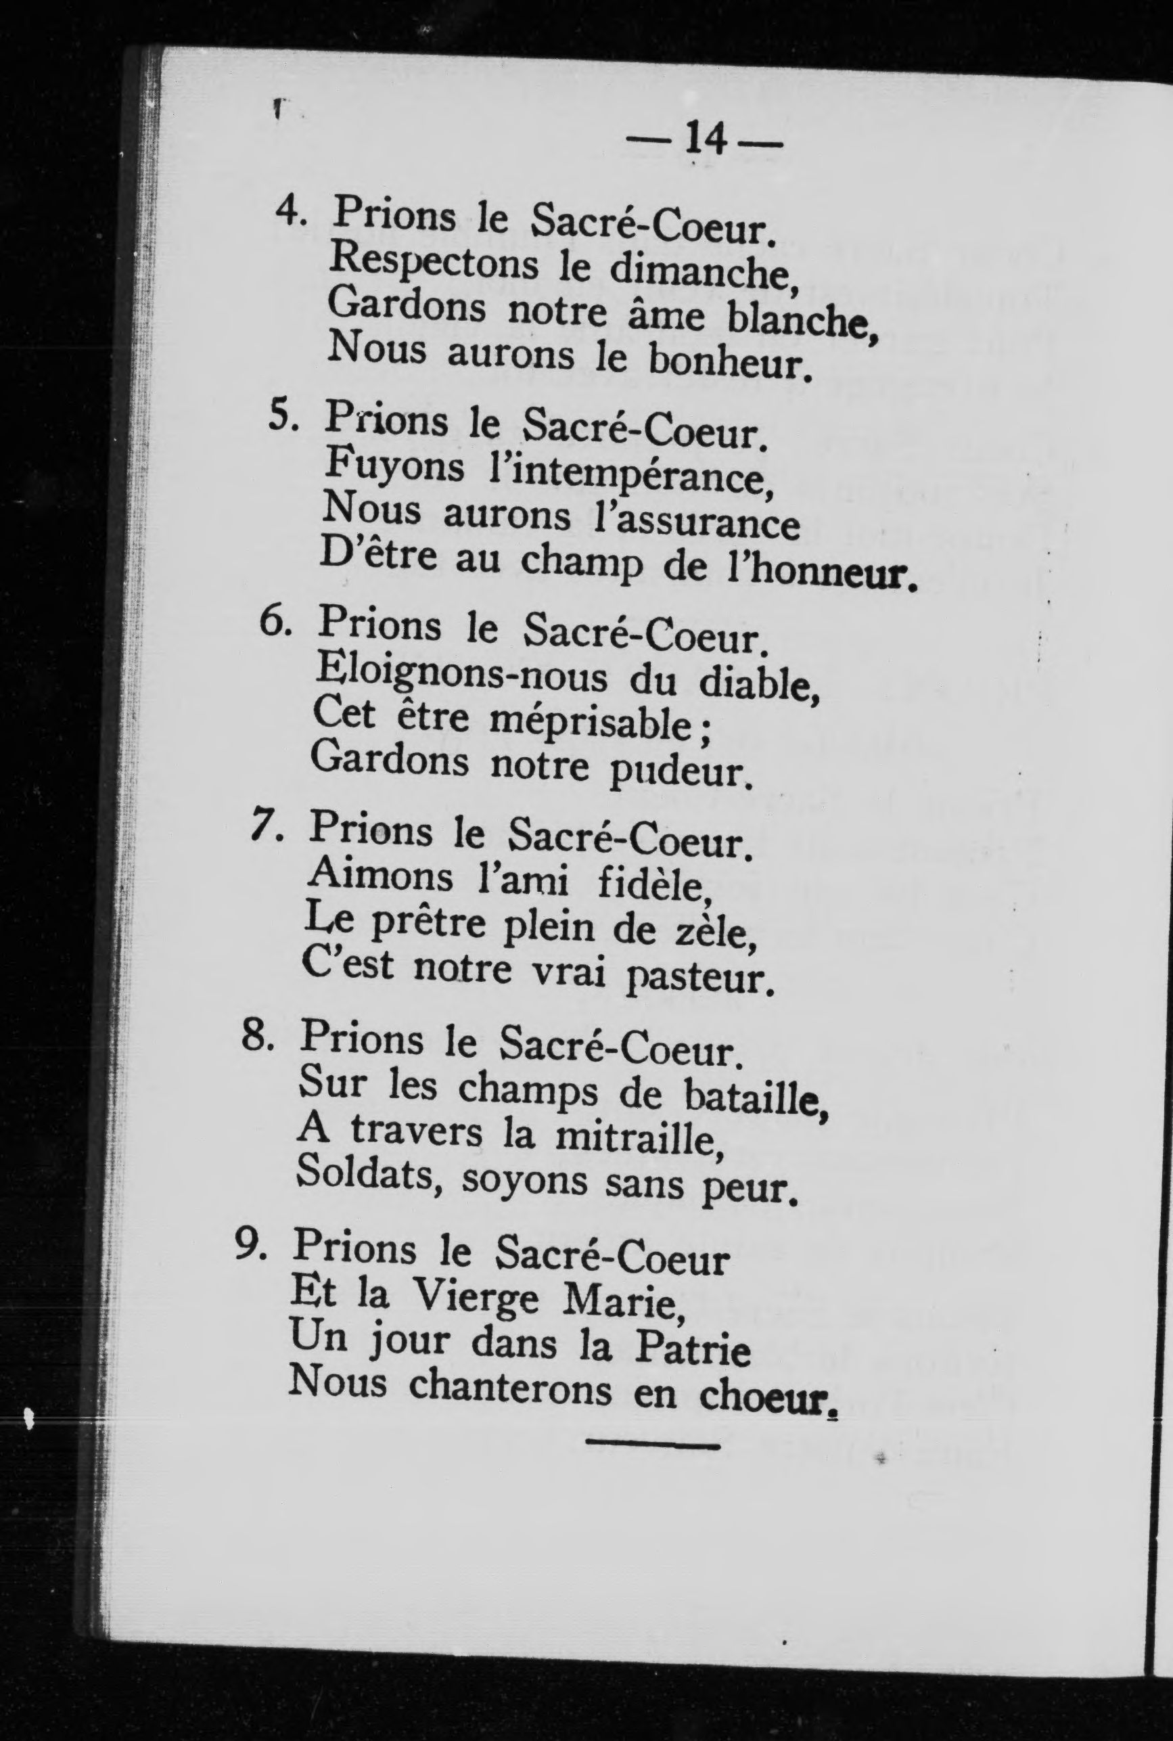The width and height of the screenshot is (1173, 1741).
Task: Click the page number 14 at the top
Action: tap(705, 139)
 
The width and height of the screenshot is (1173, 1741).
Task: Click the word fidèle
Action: tap(651, 884)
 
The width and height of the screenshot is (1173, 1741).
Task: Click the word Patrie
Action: tap(691, 1347)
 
